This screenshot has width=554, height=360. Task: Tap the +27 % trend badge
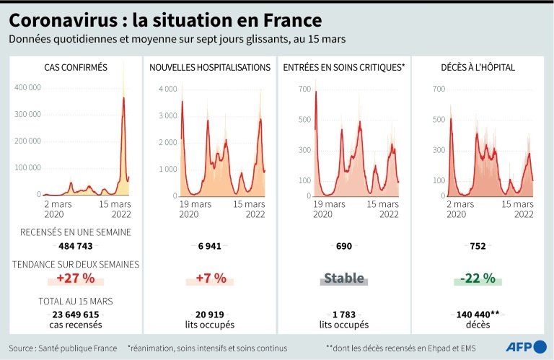76,278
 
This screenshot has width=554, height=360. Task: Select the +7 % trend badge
211,278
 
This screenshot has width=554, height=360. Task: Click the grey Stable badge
343,278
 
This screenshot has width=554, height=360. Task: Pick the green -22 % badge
478,278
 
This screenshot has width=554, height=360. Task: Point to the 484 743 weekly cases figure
76,246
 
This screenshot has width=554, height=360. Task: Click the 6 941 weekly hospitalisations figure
211,246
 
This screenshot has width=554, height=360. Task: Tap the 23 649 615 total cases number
76,315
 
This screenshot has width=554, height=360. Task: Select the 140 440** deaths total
478,315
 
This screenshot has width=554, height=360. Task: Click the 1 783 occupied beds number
343,315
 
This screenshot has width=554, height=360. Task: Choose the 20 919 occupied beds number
211,315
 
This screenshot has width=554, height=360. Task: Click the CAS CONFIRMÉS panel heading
76,68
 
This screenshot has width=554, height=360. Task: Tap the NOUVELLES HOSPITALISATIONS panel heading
210,68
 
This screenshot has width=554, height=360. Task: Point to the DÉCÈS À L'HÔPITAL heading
478,68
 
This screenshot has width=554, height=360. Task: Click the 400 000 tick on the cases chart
28,87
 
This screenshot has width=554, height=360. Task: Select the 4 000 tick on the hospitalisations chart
167,89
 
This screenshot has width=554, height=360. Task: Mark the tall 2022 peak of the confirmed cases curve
123,99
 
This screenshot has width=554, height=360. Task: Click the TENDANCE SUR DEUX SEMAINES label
76,264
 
